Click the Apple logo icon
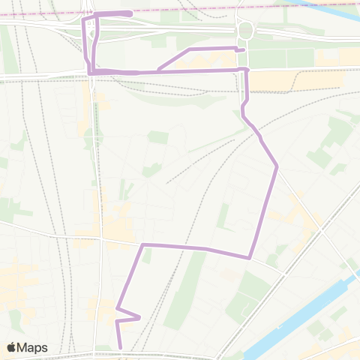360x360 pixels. tap(13, 347)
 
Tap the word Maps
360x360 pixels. tap(33, 347)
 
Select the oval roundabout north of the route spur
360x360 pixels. tap(244, 31)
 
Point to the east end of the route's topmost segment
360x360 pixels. tap(131, 13)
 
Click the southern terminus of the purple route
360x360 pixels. tap(120, 347)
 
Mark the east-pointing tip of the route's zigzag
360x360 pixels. tap(140, 317)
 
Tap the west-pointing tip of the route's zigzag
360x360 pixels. tap(117, 307)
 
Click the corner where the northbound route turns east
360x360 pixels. tap(143, 244)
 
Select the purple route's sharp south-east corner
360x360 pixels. tap(250, 257)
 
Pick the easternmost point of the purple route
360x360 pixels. tap(277, 166)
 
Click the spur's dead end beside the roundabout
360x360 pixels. tap(244, 50)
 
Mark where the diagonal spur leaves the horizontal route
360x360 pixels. tap(157, 71)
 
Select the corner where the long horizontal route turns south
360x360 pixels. tap(246, 70)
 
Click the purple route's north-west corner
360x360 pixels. tap(83, 14)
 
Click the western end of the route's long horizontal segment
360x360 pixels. tap(90, 71)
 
